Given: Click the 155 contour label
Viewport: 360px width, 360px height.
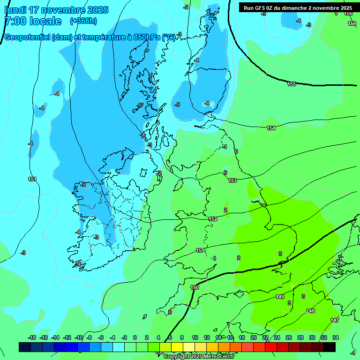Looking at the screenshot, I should click(x=292, y=84).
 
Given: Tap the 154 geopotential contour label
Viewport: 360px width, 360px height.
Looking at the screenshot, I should click(x=271, y=128).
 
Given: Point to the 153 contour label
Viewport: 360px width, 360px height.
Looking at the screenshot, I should click(x=232, y=180).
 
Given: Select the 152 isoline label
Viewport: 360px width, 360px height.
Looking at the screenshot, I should click(x=213, y=219).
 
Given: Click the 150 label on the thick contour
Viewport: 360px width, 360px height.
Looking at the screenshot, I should click(x=195, y=287).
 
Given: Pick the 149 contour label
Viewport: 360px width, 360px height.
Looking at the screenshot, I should click(x=280, y=297).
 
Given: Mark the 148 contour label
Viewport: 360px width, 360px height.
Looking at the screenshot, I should click(x=310, y=311).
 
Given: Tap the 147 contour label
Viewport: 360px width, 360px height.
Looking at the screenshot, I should click(x=335, y=320).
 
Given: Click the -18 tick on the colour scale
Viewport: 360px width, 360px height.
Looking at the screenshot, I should click(x=32, y=337).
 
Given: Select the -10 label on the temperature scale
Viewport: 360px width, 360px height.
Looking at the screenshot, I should click(x=79, y=337).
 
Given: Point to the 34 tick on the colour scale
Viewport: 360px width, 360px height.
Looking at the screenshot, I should click(x=336, y=337).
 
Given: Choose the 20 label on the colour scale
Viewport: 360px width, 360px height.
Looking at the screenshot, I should click(x=254, y=337).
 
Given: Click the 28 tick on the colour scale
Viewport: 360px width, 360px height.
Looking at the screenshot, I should click(x=300, y=337).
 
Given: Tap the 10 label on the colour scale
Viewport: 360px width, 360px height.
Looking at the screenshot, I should click(x=195, y=337).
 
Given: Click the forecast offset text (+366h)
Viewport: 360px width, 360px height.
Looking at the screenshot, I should click(x=83, y=21).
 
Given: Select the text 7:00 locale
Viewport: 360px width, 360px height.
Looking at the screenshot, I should click(x=33, y=21).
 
